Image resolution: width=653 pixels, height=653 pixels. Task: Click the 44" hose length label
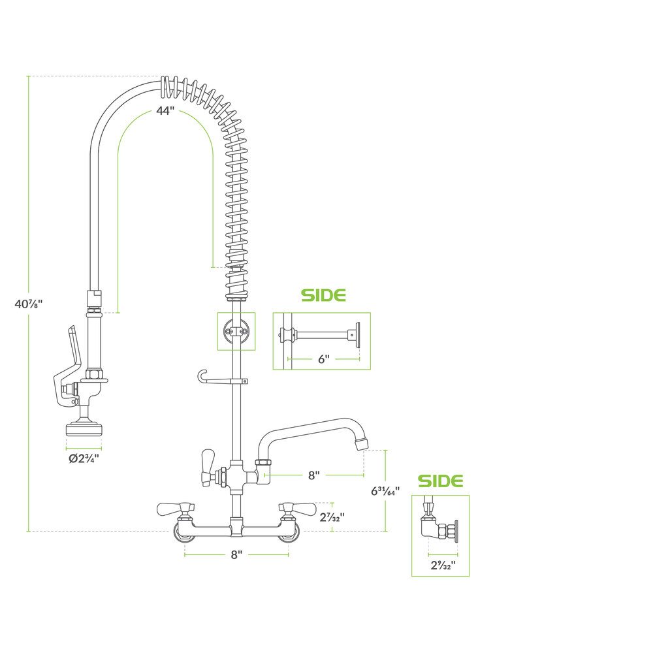(165, 111)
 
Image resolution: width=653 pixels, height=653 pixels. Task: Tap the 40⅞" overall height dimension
(29, 304)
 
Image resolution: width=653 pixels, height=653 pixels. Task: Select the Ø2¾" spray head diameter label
(84, 458)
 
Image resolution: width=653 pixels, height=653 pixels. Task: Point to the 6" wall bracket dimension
(324, 359)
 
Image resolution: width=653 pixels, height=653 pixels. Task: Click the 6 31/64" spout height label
(385, 491)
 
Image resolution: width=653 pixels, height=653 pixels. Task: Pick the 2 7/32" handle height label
(332, 517)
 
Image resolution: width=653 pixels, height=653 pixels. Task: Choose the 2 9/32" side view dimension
(443, 565)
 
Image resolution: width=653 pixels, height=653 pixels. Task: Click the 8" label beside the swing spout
(314, 475)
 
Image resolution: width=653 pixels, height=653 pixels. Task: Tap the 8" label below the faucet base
(236, 554)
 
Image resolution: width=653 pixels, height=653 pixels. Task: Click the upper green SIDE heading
(324, 295)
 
